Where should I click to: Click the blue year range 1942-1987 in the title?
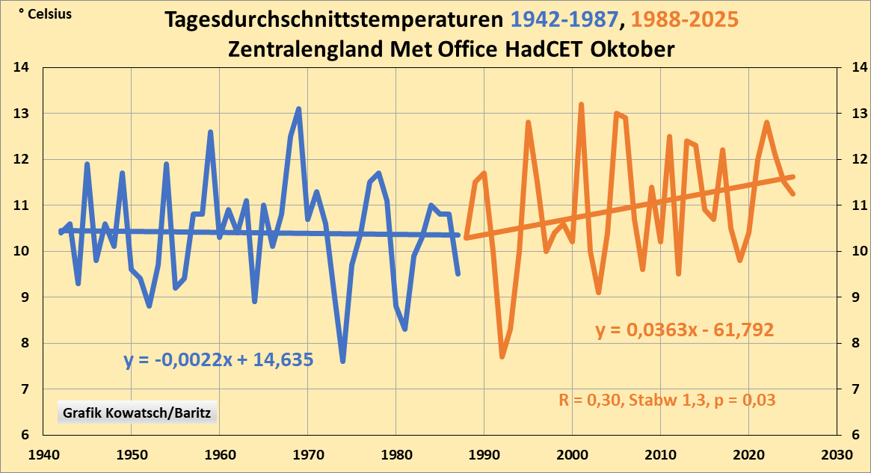[550, 19]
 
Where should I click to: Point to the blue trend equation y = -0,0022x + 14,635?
[218, 359]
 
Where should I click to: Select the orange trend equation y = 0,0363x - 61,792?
[684, 330]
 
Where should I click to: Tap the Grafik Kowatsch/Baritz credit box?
[132, 412]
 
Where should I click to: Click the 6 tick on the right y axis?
[851, 436]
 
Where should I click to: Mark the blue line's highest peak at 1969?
[299, 109]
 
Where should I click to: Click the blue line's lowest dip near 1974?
[343, 362]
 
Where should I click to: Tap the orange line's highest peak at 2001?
[581, 105]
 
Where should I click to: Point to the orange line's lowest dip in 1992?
[502, 357]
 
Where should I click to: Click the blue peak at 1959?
[211, 132]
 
